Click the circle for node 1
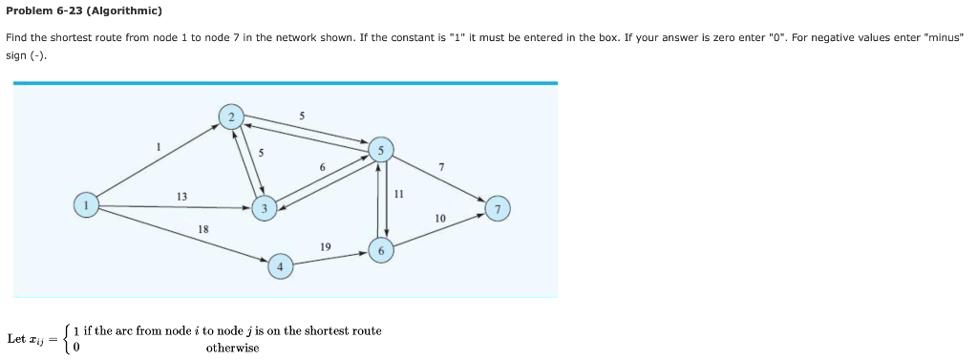87,205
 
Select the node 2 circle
230,117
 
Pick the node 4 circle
280,265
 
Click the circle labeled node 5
380,150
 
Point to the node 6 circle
380,250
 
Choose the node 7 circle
497,209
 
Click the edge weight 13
181,196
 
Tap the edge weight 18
202,229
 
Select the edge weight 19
326,246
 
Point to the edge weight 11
398,193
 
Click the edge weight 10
439,219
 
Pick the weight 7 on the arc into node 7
440,167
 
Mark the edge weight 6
322,168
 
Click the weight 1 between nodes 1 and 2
159,146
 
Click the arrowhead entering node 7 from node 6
480,216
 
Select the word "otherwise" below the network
232,348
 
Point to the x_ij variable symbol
42,339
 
